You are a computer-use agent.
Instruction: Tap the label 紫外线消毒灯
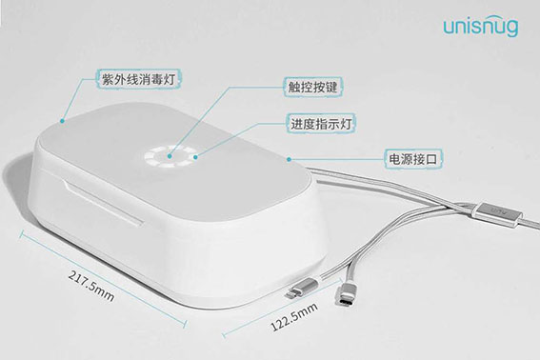135,76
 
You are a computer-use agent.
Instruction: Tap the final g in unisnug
513,29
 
